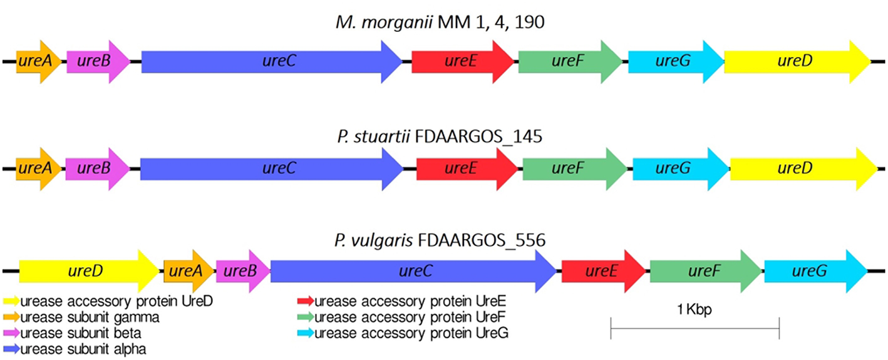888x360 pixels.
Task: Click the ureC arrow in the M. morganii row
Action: [x=271, y=61]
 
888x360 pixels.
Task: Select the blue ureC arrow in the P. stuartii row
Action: [x=271, y=168]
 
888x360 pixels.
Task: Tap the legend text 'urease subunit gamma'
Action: [x=90, y=317]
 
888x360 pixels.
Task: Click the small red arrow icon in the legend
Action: [x=306, y=302]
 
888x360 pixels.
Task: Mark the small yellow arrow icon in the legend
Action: [x=12, y=302]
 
